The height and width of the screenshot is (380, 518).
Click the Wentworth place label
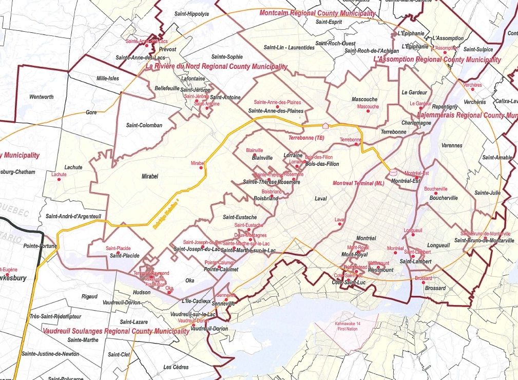(x=42, y=97)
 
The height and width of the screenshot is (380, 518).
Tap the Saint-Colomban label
(x=144, y=125)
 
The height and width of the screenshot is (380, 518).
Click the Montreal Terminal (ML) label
(x=358, y=183)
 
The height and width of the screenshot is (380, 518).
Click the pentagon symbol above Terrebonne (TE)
(x=325, y=125)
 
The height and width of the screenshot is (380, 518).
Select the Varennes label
(x=452, y=146)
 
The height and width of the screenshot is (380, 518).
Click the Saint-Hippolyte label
(x=191, y=14)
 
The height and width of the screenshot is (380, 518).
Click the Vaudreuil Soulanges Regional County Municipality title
(x=116, y=331)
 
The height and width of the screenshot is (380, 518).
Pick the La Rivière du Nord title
(x=216, y=67)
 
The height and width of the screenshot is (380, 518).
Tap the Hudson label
(x=142, y=292)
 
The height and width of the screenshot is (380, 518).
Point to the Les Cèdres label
(x=176, y=367)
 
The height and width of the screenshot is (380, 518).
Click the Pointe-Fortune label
(x=39, y=246)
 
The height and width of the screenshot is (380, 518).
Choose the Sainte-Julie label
(x=487, y=193)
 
